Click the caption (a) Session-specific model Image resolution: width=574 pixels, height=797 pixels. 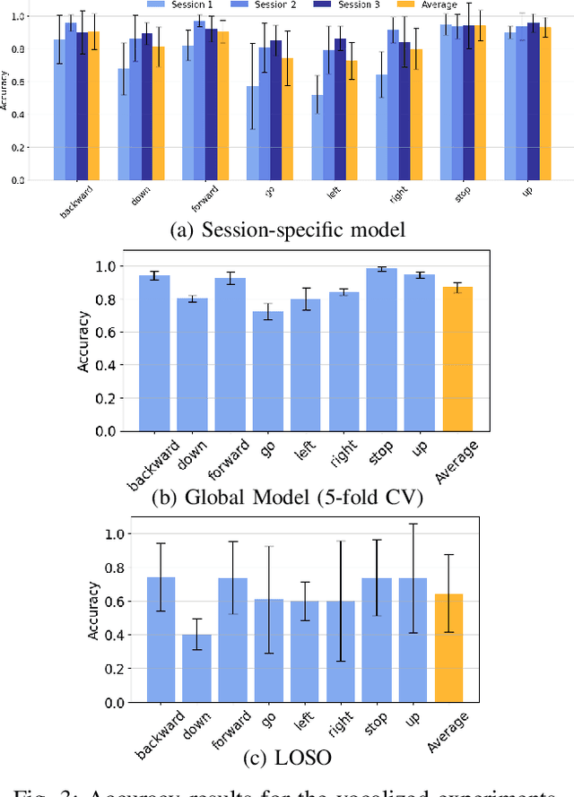coord(287,230)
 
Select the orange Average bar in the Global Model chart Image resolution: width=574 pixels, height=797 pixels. coord(457,359)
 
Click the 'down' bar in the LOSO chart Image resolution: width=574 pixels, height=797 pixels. coord(196,669)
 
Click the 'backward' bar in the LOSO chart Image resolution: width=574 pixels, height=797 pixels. coord(161,640)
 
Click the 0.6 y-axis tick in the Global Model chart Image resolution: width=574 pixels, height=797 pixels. coord(108,333)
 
